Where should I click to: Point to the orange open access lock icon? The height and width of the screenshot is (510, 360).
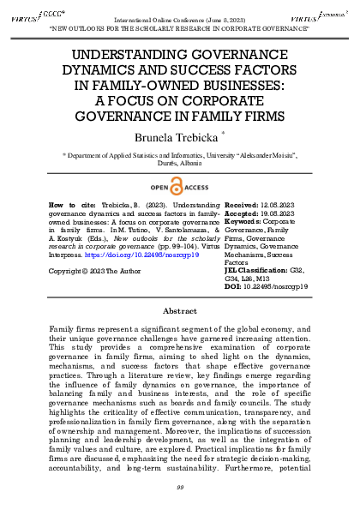[x=178, y=188]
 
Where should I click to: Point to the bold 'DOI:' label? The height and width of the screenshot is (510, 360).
[x=231, y=287]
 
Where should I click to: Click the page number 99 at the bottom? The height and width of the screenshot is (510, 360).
[x=180, y=489]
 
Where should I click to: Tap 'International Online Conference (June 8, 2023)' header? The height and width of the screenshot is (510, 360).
[x=181, y=17]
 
